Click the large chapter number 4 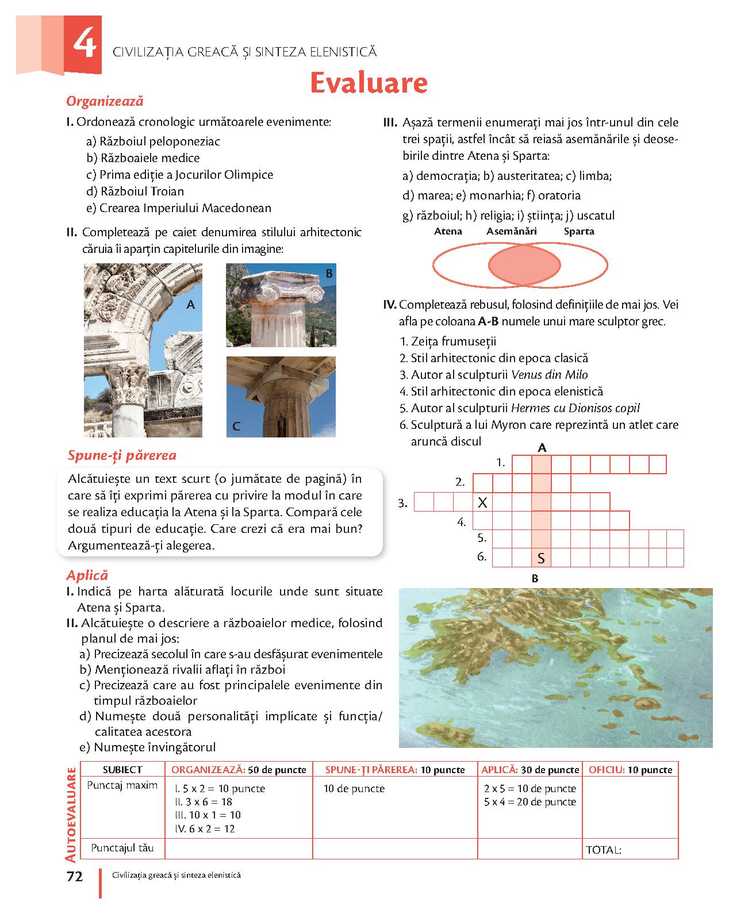click(84, 45)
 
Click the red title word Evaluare click(369, 83)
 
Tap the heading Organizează click(105, 102)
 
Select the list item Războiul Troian click(135, 191)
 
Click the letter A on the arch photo click(191, 305)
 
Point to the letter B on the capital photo click(329, 274)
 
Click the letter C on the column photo click(236, 426)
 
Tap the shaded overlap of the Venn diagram click(524, 264)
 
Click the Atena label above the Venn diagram click(448, 231)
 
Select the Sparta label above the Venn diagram click(578, 231)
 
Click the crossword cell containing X click(482, 502)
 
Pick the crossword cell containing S click(541, 558)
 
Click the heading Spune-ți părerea click(122, 455)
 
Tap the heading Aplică click(87, 575)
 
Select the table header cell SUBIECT click(122, 770)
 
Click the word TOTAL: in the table click(603, 850)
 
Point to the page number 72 click(75, 877)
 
